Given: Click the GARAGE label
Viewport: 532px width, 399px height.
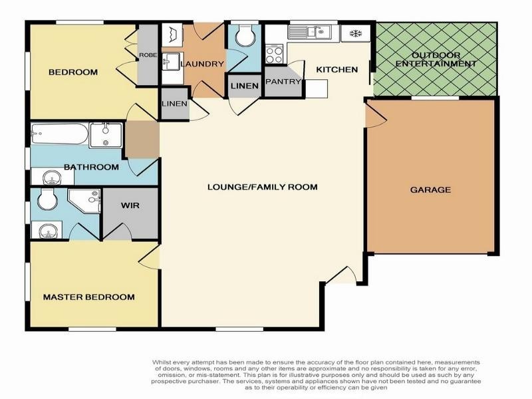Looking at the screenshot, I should click(x=430, y=190).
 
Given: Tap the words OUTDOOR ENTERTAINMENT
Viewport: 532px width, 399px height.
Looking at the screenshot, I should click(x=436, y=59).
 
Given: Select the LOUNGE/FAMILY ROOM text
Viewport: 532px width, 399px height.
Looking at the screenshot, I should click(x=262, y=187).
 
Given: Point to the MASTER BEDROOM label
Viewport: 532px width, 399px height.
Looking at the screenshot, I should click(x=88, y=297).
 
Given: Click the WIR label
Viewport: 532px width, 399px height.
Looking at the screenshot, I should click(x=129, y=205).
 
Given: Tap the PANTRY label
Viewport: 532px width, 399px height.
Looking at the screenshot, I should click(x=283, y=81).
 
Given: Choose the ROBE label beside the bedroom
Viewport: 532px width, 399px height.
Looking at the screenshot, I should click(x=148, y=56).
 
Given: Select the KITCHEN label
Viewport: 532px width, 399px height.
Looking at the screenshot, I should click(x=336, y=69).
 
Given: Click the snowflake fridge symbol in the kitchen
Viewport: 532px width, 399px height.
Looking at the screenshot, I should click(x=354, y=33).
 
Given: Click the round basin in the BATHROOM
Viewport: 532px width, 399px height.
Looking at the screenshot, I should click(x=49, y=178).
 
